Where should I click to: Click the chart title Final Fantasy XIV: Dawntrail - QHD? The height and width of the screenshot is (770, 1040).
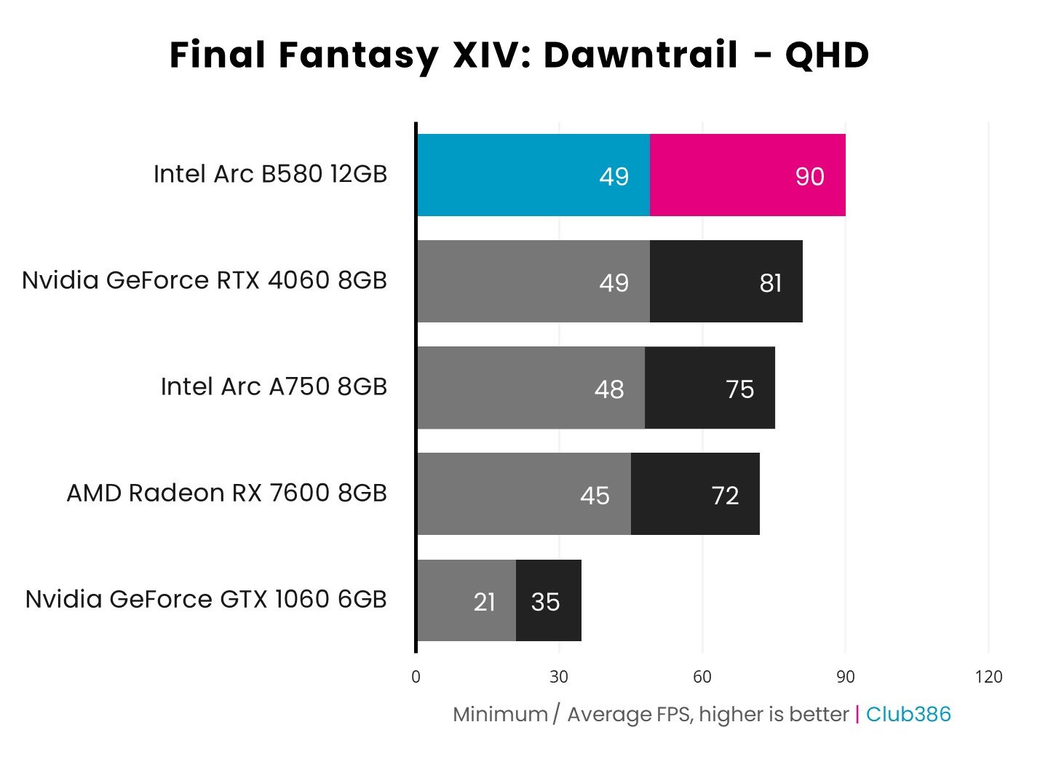point(519,55)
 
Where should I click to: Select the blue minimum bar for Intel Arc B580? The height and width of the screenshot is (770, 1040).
point(532,175)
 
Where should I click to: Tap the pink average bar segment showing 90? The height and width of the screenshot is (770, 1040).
point(747,175)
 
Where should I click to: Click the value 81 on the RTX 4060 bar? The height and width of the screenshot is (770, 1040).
point(770,282)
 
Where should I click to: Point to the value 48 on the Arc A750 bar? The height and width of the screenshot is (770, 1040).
point(609,389)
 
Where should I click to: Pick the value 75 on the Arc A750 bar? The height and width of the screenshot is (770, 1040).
point(739,389)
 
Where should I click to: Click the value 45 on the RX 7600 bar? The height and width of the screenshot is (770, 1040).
point(595,496)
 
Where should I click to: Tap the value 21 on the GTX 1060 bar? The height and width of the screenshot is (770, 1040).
point(485,602)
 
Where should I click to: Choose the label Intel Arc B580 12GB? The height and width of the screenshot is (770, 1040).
point(270,175)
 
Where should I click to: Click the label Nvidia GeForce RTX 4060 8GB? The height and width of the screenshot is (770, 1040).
point(205,281)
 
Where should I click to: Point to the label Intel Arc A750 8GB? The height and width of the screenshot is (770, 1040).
point(274,387)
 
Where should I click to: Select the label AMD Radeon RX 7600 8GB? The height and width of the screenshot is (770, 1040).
point(226,493)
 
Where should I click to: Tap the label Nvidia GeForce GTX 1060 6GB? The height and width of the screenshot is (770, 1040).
point(206,600)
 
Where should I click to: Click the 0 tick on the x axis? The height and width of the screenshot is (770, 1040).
point(416,677)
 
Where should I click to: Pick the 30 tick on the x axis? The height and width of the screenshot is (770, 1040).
point(559,677)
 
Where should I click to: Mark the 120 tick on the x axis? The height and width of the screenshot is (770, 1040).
point(988,677)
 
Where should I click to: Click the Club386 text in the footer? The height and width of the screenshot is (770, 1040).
point(908,715)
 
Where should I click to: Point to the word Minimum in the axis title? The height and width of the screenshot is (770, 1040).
point(500,715)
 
